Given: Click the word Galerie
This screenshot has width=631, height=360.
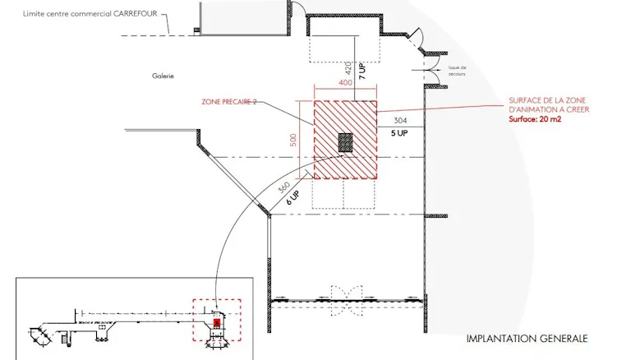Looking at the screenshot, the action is click(163, 76).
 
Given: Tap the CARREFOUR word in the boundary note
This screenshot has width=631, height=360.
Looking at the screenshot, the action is click(136, 14).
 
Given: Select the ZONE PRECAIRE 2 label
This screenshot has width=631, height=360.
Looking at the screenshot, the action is click(229, 102).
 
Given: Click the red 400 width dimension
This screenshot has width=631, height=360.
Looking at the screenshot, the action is click(345, 83).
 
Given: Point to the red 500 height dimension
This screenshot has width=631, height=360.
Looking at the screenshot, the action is click(293, 140).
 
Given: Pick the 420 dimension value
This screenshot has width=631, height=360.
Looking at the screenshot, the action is click(348, 68).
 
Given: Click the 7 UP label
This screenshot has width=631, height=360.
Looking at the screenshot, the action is click(362, 71).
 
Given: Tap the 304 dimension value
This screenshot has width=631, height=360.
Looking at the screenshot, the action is click(400, 120).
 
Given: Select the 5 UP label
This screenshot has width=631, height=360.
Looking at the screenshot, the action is click(399, 133).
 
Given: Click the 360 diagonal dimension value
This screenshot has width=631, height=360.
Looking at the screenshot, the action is click(283, 187).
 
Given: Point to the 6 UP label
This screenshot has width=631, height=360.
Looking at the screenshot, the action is click(293, 198).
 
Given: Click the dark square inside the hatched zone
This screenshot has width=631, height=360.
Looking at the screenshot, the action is click(345, 142).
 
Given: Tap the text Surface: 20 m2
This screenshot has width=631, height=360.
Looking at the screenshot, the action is click(535, 119).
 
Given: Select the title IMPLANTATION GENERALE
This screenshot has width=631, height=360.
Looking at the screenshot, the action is click(527, 339).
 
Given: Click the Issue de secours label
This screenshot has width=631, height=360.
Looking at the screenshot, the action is click(457, 71).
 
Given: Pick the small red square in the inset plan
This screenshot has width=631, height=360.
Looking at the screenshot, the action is click(217, 323).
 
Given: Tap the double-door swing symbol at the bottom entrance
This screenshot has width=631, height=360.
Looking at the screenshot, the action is click(347, 301).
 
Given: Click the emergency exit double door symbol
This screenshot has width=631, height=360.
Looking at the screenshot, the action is click(432, 71).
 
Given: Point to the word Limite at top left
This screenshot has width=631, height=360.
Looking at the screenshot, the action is click(32, 14).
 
